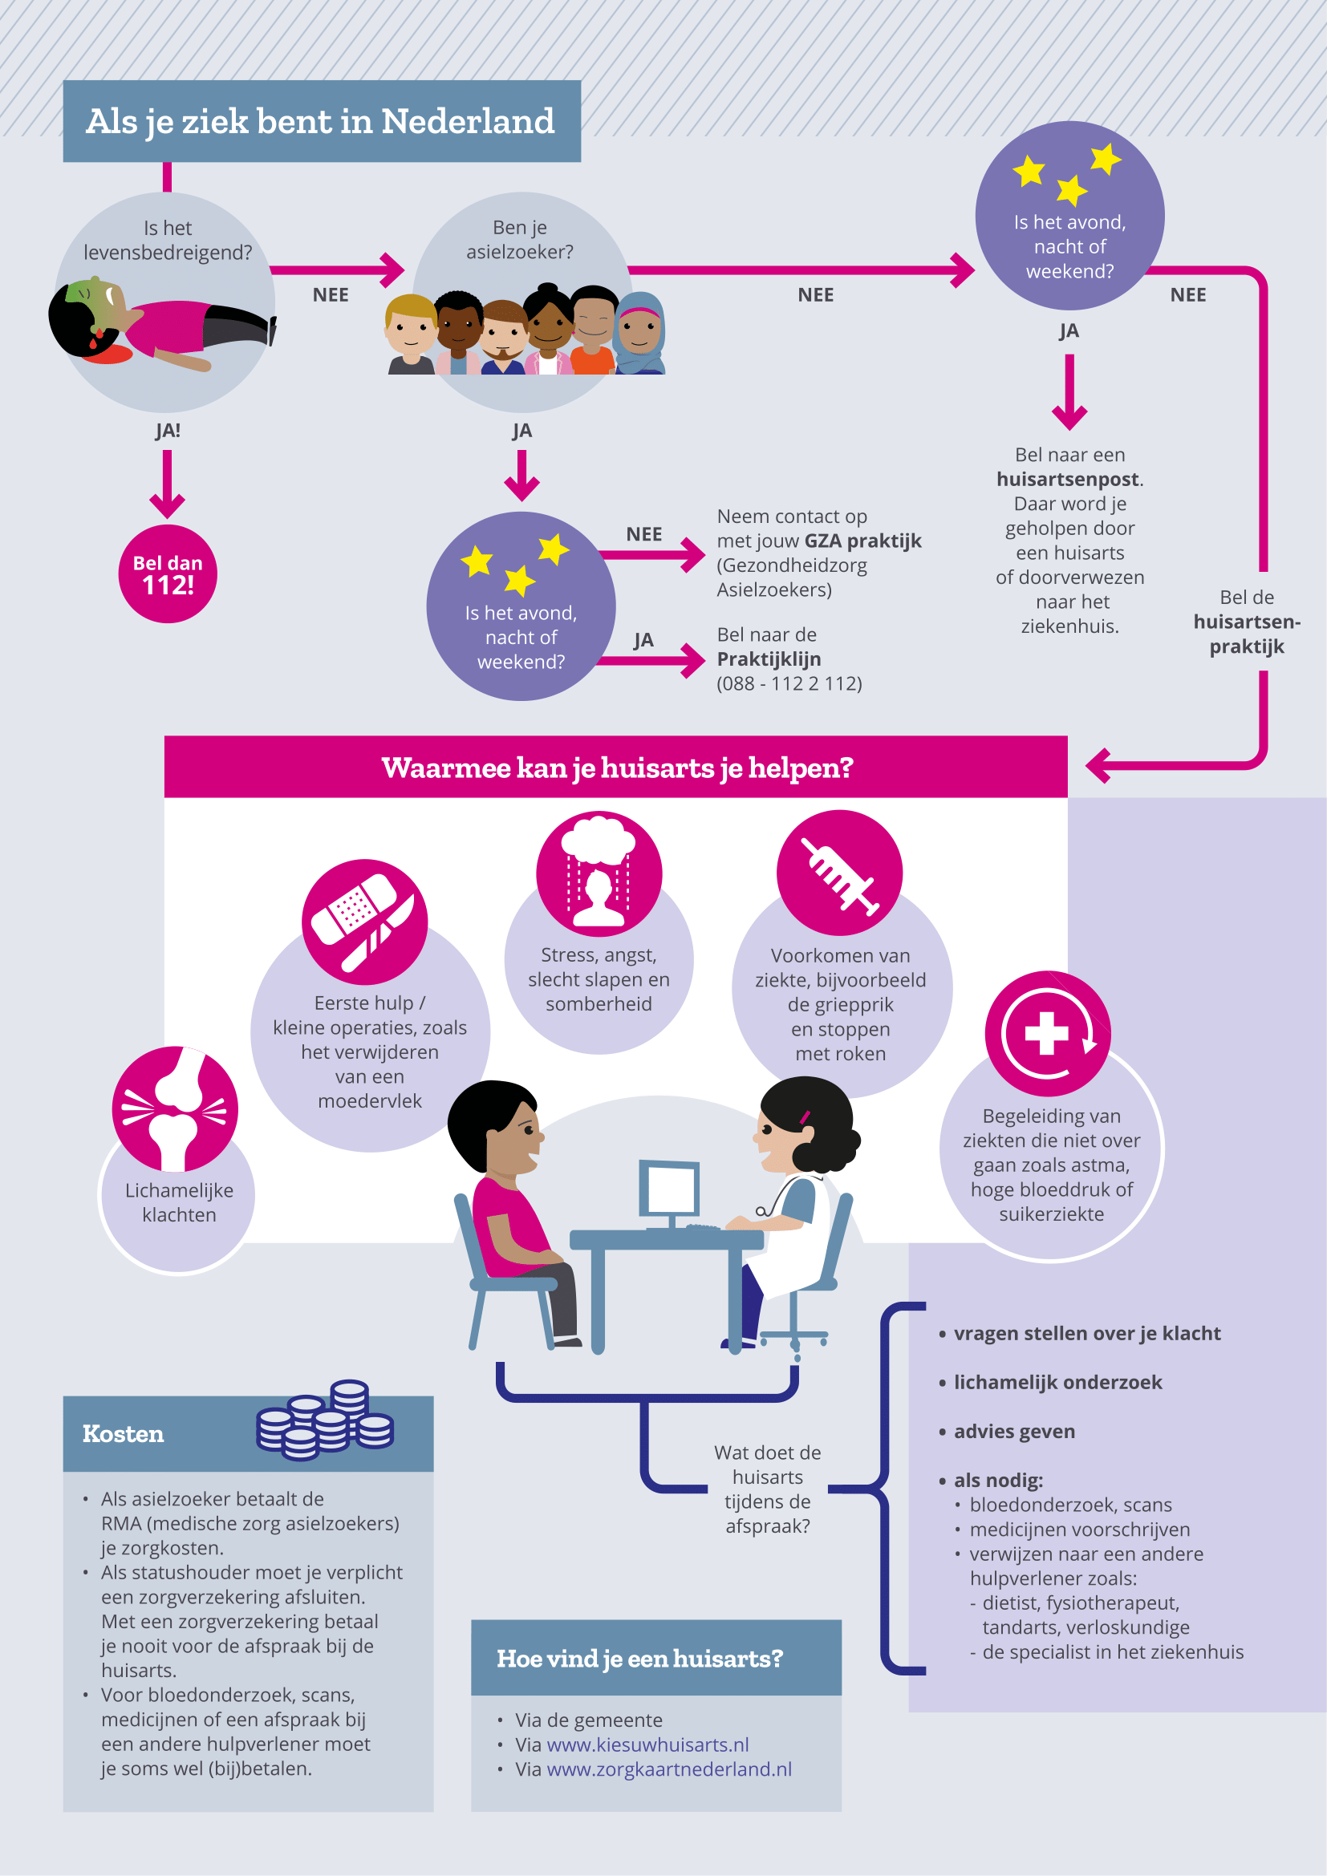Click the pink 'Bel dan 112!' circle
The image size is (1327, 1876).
(168, 573)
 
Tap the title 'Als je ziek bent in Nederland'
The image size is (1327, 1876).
(320, 121)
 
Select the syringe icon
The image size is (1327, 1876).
(839, 873)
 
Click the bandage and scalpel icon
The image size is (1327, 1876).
(364, 921)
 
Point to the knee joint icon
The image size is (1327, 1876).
(175, 1108)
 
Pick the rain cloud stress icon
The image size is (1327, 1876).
(599, 873)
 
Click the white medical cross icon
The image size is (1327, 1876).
(1047, 1033)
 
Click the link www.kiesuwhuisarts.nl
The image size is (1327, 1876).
(647, 1744)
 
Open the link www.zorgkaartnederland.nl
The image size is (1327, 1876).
(668, 1769)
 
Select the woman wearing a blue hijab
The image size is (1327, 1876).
(640, 334)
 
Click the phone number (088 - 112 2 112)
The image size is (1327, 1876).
(789, 683)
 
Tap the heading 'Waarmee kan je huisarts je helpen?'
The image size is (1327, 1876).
(617, 768)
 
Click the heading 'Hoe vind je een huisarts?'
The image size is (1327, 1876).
(639, 1658)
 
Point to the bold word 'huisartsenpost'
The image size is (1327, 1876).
(1067, 479)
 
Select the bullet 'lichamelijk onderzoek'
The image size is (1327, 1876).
(1057, 1382)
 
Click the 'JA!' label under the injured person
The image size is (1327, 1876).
(168, 431)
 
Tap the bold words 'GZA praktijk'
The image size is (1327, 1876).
(862, 541)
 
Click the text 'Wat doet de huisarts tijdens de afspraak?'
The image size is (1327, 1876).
(767, 1489)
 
